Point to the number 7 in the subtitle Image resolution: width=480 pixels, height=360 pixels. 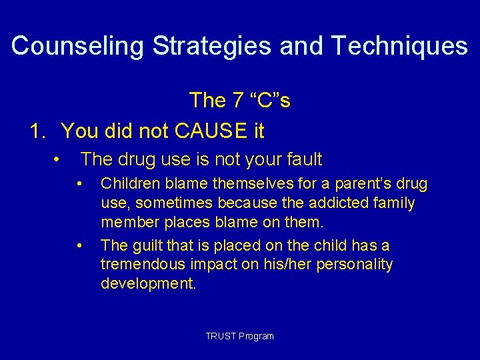[x=237, y=101]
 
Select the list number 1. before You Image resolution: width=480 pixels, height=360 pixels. [x=39, y=131]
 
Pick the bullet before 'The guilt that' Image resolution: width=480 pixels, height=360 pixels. [x=79, y=246]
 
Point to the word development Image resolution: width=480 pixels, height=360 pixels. [x=148, y=283]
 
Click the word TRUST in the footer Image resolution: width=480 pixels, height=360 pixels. [x=220, y=336]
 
